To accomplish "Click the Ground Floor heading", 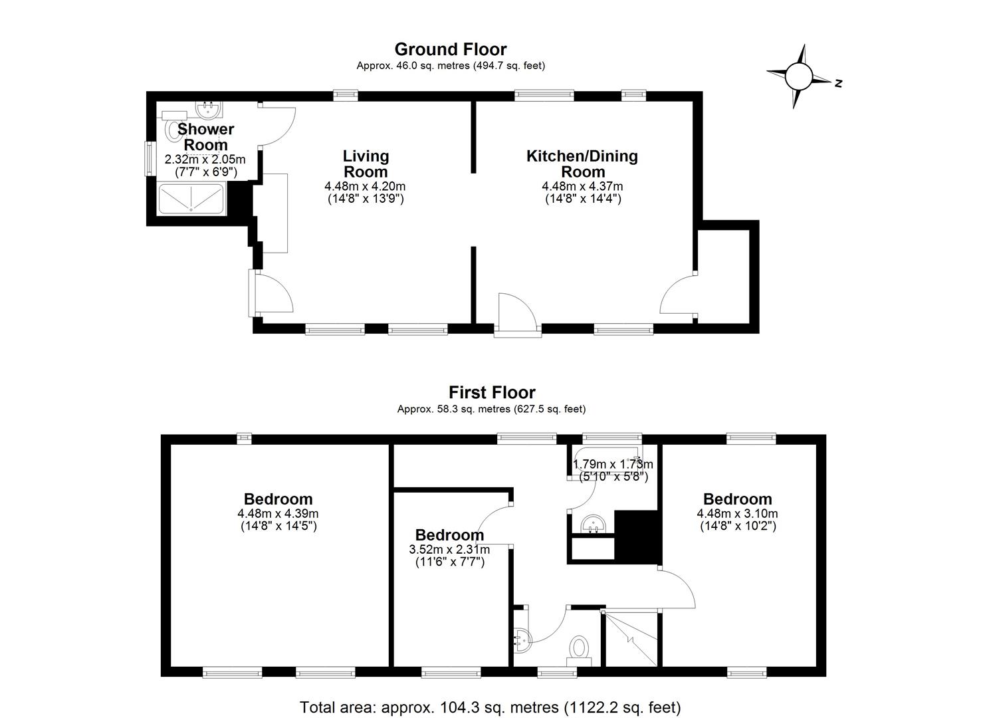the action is [451, 49].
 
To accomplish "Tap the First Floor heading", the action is [492, 392].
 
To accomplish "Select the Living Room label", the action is [366, 164].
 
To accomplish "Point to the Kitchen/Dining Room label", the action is [582, 164].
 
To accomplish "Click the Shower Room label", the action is [206, 137].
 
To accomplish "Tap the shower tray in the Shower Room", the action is [191, 199].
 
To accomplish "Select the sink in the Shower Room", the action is [209, 110].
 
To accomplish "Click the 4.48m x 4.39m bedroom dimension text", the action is [278, 520].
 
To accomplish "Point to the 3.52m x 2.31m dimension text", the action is [449, 556].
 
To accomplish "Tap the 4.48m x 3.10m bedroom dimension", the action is [738, 520].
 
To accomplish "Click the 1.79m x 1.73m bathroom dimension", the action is [613, 470].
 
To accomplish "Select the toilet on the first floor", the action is [578, 651].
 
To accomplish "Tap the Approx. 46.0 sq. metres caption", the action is [451, 66].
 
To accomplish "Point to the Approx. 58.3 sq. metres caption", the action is [491, 409].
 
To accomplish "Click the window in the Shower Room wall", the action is [150, 159].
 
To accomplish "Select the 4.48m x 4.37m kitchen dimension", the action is [582, 192].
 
